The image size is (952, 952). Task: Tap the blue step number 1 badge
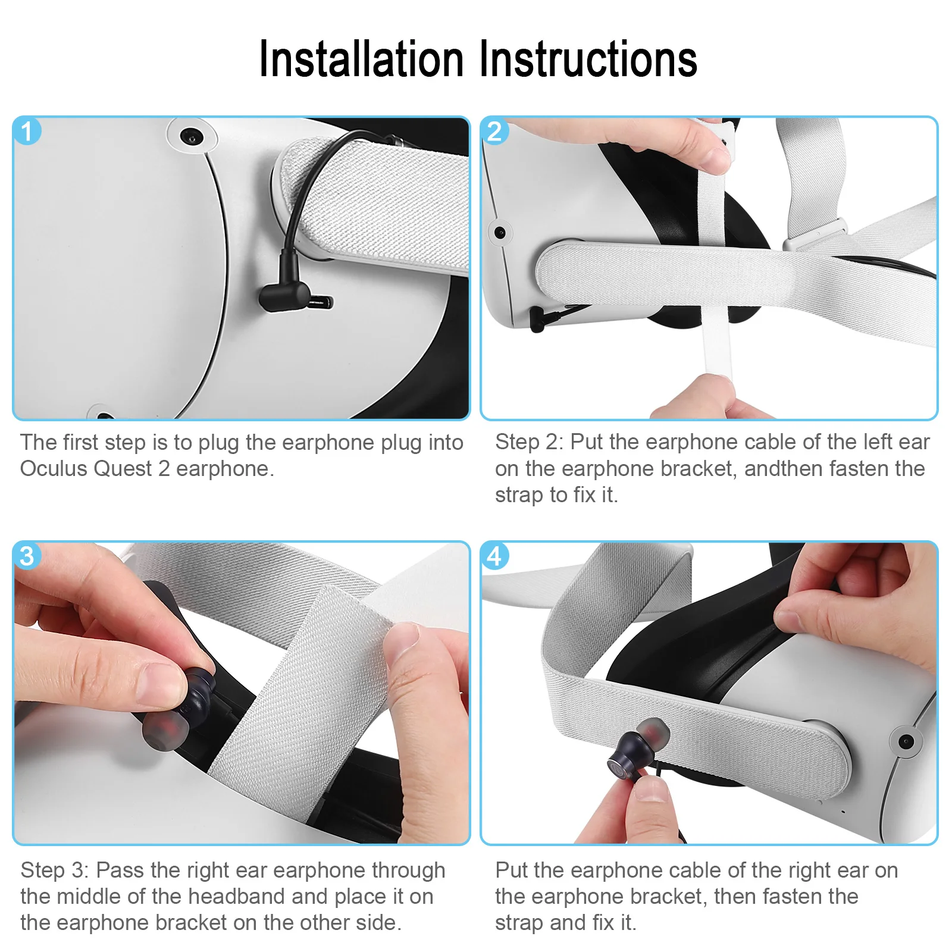coord(27,131)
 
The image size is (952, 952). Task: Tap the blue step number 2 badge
coord(494,131)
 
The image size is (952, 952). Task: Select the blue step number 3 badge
coord(27,556)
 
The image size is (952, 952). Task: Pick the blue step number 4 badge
coord(494,556)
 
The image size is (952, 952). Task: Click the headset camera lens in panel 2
coord(500,232)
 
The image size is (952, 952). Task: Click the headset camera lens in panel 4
coord(906,741)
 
